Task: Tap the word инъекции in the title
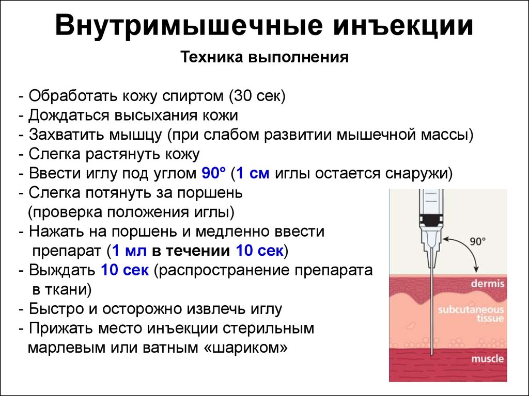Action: click(403, 26)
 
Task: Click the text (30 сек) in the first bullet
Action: click(257, 96)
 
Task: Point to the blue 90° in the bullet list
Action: click(214, 173)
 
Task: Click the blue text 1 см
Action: click(253, 173)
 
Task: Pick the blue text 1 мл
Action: click(129, 251)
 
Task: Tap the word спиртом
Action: click(193, 96)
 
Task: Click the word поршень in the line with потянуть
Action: click(215, 193)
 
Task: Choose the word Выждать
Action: click(62, 270)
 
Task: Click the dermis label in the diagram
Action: click(488, 283)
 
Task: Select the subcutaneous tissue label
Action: click(471, 313)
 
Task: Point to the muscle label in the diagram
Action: click(487, 359)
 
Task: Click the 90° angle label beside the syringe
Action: click(478, 241)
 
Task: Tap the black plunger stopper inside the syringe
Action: click(431, 220)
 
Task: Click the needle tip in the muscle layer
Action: click(431, 355)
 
